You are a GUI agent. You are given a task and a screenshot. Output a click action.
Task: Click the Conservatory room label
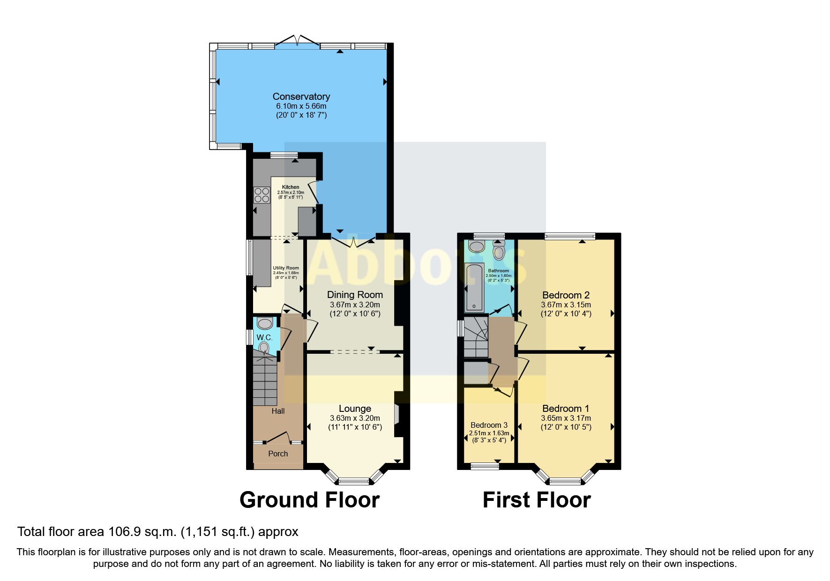(301, 97)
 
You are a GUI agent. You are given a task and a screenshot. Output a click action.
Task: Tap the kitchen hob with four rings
(262, 195)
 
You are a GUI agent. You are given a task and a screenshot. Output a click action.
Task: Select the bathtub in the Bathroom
(474, 288)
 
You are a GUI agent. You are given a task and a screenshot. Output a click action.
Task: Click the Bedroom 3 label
(489, 425)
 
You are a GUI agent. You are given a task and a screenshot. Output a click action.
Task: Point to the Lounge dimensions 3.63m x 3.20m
(355, 418)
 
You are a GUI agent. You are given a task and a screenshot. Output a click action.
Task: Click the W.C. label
(264, 337)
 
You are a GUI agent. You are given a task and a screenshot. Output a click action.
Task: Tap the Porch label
(278, 454)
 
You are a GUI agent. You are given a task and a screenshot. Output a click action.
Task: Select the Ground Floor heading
(309, 500)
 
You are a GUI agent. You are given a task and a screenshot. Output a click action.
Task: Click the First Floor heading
(537, 500)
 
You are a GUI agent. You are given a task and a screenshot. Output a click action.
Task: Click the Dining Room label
(355, 295)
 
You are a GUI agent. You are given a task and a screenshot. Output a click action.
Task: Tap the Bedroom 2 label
(566, 295)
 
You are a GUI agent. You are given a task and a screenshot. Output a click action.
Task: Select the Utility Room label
(286, 268)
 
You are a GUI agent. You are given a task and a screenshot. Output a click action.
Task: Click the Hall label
(278, 411)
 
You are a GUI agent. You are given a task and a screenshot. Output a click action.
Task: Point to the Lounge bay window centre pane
(354, 481)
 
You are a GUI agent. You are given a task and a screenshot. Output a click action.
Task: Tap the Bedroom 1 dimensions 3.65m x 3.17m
(566, 418)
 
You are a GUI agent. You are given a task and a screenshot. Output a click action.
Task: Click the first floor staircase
(476, 337)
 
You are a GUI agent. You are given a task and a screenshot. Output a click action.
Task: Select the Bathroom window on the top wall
(489, 236)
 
